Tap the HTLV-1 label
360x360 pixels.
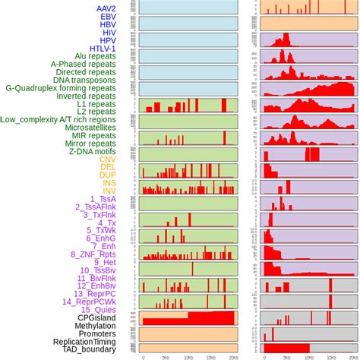tap(119, 50)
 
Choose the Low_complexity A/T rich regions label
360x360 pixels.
tap(68, 119)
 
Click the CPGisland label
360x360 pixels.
tap(112, 317)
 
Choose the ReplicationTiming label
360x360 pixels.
tap(95, 343)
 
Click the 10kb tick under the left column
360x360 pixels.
tap(188, 356)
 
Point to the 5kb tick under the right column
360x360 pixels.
tap(286, 356)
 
